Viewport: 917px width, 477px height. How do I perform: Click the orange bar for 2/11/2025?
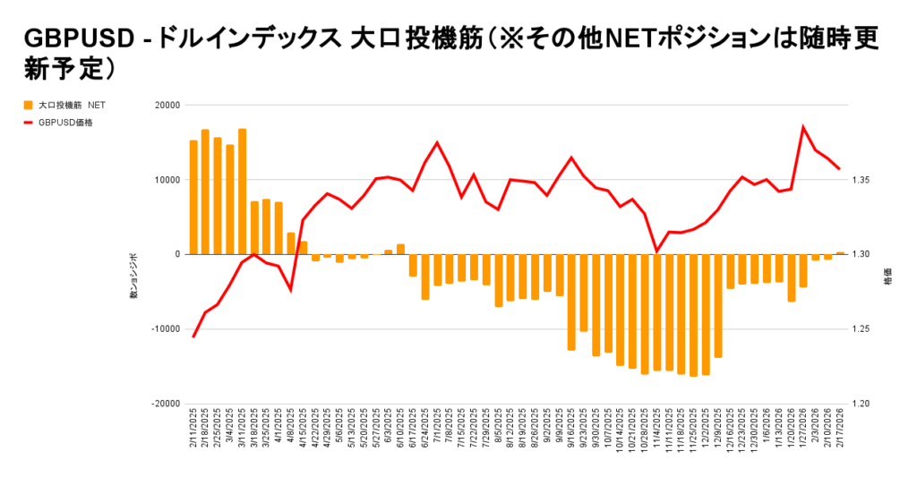pos(193,197)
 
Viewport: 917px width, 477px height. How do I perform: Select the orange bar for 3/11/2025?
pos(242,192)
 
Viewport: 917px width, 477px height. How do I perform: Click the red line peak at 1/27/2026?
pos(803,127)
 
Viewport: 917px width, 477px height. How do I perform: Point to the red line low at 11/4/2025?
pos(656,251)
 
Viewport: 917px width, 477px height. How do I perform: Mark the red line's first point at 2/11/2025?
pos(193,336)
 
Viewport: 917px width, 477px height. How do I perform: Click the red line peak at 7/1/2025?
pos(437,142)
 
